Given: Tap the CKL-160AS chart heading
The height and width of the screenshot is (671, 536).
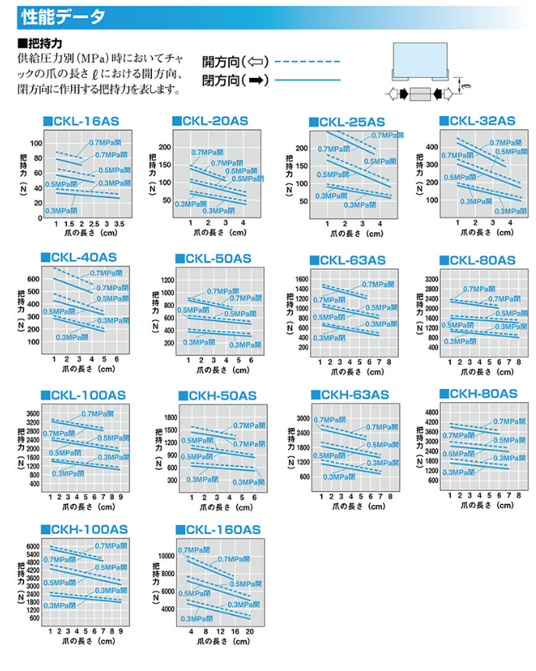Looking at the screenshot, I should [222, 530].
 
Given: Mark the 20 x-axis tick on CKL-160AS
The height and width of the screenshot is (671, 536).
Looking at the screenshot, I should [249, 631].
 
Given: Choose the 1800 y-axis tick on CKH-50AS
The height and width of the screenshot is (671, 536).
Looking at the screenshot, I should [171, 417].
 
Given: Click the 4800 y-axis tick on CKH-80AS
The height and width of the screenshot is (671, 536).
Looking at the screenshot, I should [433, 411].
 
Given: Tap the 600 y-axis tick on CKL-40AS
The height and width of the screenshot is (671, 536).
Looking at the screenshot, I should [33, 279].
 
